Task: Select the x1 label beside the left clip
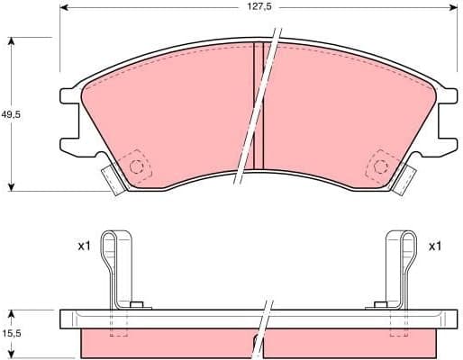[x=85, y=245]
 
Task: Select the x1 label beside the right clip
[x=435, y=245]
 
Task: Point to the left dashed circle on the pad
[x=138, y=166]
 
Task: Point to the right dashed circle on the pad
[x=378, y=166]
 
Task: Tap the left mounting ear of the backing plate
[x=69, y=117]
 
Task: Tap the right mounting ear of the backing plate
[x=446, y=117]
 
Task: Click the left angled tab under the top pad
[x=111, y=178]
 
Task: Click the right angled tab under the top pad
[x=405, y=178]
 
